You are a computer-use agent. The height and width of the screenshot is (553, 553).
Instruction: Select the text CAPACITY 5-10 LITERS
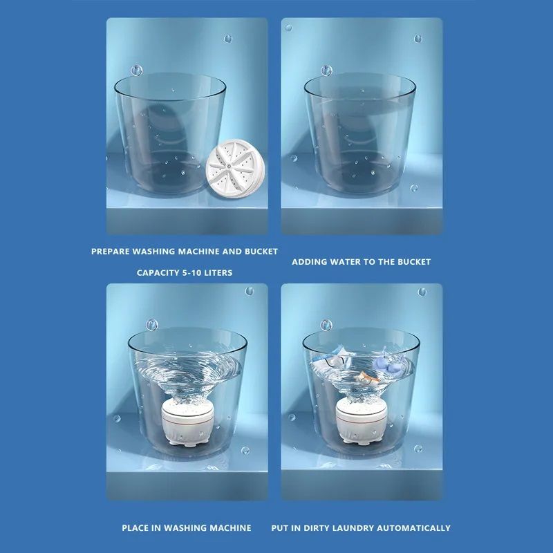(x=185, y=273)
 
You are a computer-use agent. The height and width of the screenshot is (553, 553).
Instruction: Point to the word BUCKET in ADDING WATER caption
(x=414, y=262)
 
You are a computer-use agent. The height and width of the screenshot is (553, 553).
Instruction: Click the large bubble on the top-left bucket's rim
(x=136, y=70)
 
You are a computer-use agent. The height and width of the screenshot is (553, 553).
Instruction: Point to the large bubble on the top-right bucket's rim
(x=326, y=71)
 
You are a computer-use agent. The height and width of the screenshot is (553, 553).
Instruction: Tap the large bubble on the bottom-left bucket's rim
(x=151, y=324)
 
